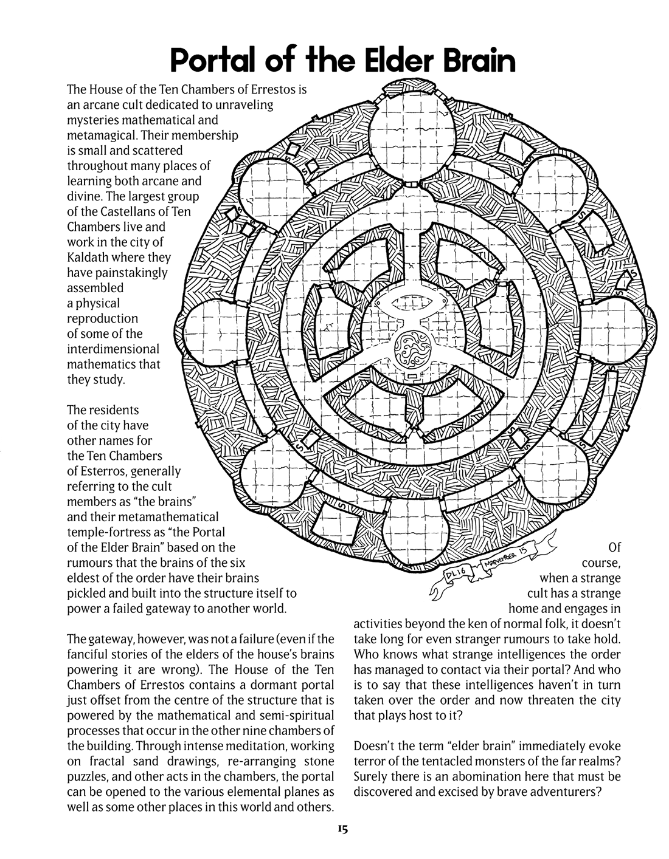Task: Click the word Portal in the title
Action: pos(215,61)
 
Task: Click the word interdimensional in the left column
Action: pos(113,349)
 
